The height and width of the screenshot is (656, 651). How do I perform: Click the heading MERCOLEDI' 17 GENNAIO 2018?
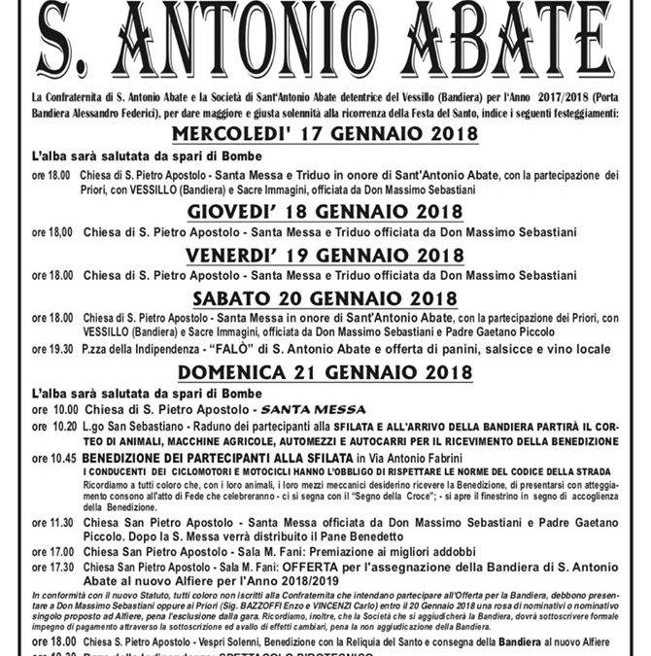coord(325,135)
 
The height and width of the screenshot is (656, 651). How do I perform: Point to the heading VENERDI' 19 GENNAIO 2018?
coord(325,257)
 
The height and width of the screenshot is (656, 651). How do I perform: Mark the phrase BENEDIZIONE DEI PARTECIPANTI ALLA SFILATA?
coord(216,457)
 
